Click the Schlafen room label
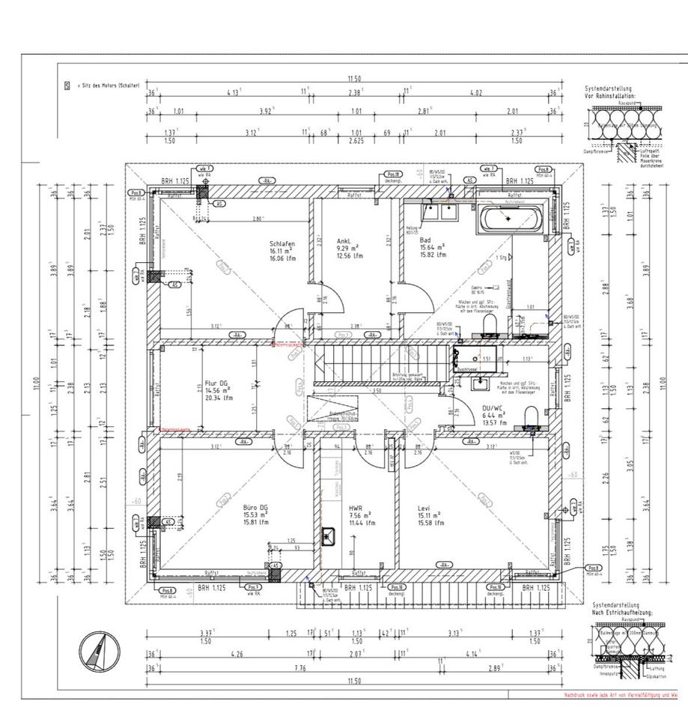click(x=282, y=244)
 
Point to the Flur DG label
click(x=219, y=380)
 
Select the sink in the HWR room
click(x=329, y=536)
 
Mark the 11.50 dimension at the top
click(x=353, y=79)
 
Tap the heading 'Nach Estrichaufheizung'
click(x=622, y=612)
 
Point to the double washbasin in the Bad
click(x=441, y=212)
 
